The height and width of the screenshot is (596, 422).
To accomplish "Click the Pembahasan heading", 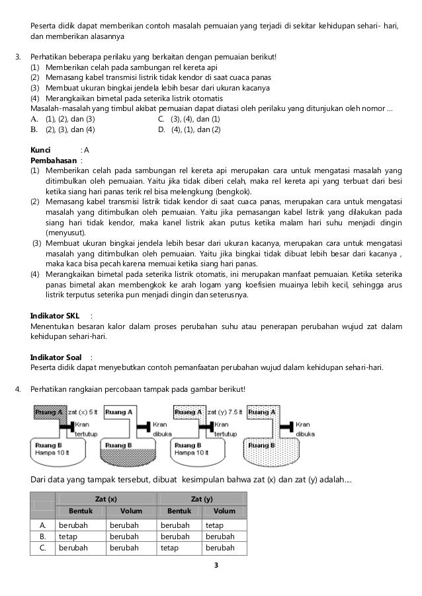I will [x=54, y=160].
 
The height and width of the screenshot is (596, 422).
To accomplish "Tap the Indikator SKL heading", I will [x=57, y=315].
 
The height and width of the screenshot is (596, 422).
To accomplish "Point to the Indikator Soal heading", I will [x=58, y=357].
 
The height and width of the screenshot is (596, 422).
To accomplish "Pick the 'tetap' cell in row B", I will [x=68, y=537].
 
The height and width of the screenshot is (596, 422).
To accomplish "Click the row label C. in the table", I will [x=43, y=548].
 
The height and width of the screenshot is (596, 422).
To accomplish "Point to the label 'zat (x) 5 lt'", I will [x=83, y=411].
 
